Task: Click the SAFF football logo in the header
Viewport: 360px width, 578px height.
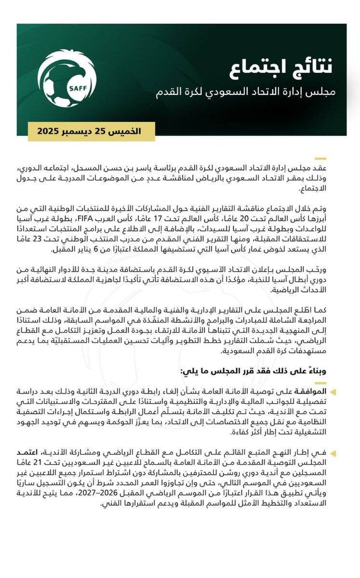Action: coord(67,78)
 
